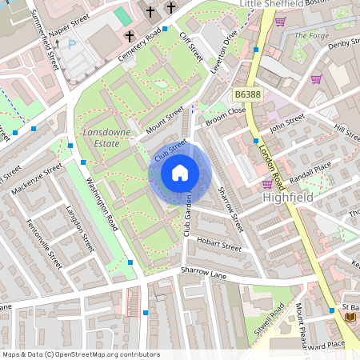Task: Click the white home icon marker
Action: click(x=180, y=173)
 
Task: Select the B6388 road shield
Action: click(x=246, y=94)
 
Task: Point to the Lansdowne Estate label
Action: click(x=101, y=137)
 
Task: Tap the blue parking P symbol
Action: click(x=72, y=45)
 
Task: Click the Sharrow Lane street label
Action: click(x=205, y=273)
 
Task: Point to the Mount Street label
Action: click(x=165, y=119)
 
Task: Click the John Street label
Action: click(x=288, y=124)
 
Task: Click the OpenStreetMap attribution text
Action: click(x=80, y=354)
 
